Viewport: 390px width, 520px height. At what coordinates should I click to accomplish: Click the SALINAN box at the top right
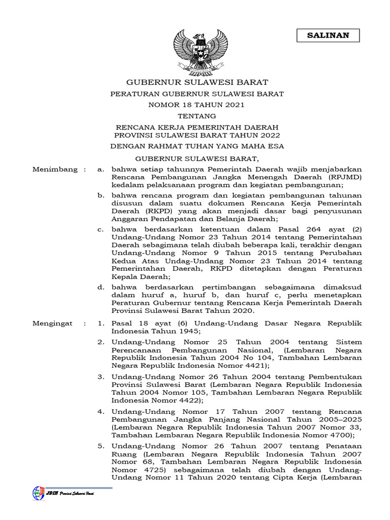pyautogui.click(x=328, y=35)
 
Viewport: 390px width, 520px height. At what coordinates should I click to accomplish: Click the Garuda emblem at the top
pyautogui.click(x=196, y=51)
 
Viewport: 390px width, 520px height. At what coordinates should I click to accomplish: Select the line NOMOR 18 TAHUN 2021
pyautogui.click(x=196, y=105)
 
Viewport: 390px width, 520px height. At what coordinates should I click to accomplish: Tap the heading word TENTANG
pyautogui.click(x=196, y=116)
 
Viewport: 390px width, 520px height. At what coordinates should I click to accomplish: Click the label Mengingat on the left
pyautogui.click(x=52, y=323)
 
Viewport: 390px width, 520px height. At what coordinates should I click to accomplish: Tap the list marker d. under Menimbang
pyautogui.click(x=101, y=287)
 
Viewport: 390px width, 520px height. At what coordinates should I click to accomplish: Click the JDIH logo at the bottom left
pyautogui.click(x=39, y=493)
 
